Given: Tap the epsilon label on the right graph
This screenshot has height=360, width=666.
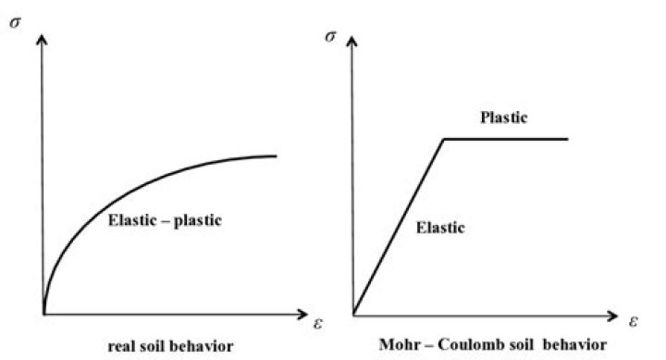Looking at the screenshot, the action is tap(635, 323).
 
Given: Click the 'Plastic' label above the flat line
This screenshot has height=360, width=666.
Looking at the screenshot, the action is tap(503, 118).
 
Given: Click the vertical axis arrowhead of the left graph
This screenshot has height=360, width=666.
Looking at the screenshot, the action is tap(43, 38).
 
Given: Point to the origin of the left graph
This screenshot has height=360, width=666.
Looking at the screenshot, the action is tap(43, 314).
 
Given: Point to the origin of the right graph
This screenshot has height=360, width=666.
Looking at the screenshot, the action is tap(352, 314).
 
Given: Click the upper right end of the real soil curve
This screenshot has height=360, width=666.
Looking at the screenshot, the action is tap(277, 155).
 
